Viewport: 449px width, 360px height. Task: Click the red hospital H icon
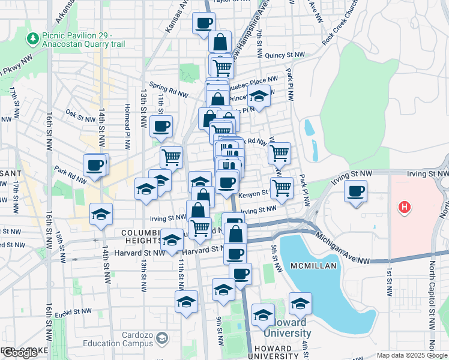coord(405,208)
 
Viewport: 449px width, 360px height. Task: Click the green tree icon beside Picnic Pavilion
coord(32,39)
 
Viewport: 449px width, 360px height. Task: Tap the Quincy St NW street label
coord(285,55)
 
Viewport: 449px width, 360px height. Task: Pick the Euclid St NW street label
coord(70,312)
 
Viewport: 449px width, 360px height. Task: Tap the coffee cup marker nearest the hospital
coord(355,191)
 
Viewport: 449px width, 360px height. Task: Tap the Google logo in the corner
coord(20,353)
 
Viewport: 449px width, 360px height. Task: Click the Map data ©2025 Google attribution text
coord(412,355)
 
